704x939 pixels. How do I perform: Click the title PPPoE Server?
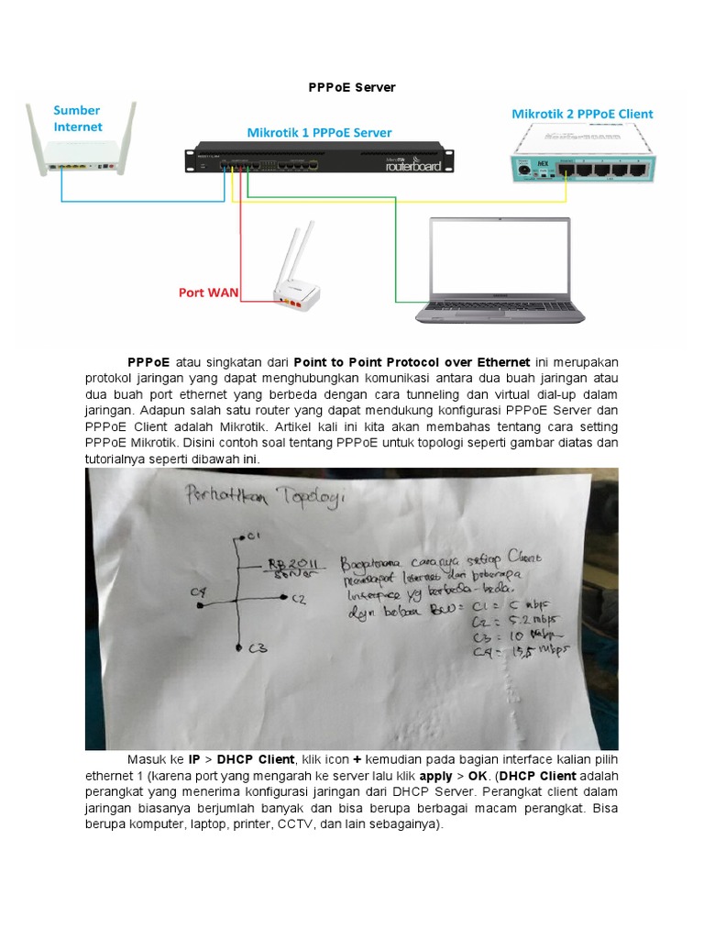point(351,87)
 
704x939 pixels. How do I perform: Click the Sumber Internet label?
point(78,118)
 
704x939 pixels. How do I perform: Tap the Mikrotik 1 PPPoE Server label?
point(319,132)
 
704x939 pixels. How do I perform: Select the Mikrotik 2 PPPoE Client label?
point(582,114)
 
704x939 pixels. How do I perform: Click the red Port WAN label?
point(208,293)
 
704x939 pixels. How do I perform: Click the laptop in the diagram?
point(492,271)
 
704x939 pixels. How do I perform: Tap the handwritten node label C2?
point(298,600)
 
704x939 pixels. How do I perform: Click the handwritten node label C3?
point(257,650)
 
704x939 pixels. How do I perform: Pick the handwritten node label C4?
point(197,592)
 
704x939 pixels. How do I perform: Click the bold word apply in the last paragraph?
point(436,775)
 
